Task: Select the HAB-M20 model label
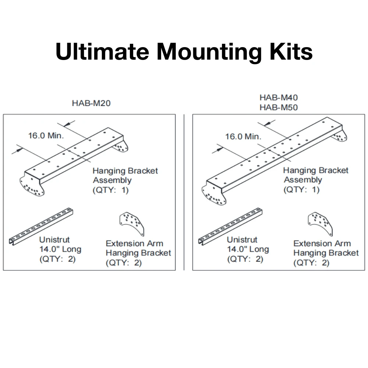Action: point(91,103)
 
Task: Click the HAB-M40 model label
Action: point(279,98)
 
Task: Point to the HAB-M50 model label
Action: point(279,107)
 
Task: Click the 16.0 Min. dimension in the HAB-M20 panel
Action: point(46,135)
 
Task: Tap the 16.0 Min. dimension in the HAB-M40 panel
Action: point(243,137)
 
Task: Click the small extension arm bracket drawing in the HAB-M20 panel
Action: point(131,223)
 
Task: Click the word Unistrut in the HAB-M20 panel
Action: point(54,240)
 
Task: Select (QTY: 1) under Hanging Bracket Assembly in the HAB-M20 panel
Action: point(110,190)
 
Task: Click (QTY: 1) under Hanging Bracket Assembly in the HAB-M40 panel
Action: point(301,190)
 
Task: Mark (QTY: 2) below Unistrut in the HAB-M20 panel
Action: point(57,259)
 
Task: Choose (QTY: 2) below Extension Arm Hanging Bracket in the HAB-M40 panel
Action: point(311,263)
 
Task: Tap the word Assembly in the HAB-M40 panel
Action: point(303,180)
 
